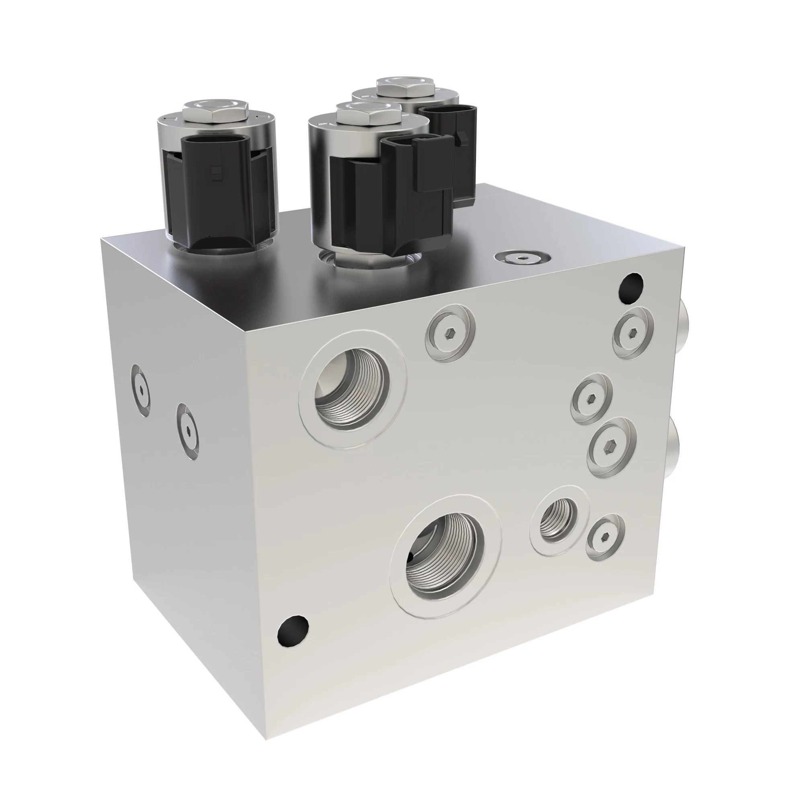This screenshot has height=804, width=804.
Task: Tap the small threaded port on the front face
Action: [x=558, y=520]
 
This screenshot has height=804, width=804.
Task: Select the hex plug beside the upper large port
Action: [x=450, y=333]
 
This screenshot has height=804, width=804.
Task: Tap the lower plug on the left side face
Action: [x=187, y=429]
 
